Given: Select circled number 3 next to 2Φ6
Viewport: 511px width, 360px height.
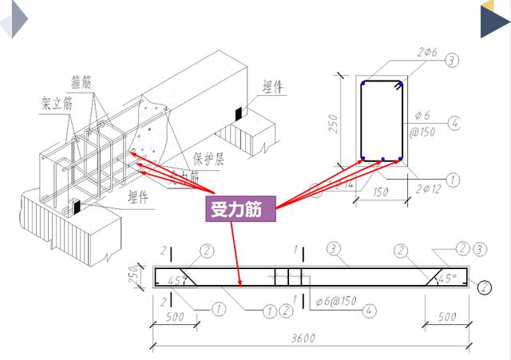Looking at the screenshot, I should pyautogui.click(x=452, y=61).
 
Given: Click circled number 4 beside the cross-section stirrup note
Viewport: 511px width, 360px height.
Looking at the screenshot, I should pyautogui.click(x=454, y=123).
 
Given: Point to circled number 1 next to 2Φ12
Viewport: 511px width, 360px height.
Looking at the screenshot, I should pyautogui.click(x=452, y=180).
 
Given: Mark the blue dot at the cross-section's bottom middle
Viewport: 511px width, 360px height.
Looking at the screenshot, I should pyautogui.click(x=383, y=159).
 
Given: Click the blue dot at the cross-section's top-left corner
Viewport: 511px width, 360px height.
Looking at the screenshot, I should pyautogui.click(x=363, y=82).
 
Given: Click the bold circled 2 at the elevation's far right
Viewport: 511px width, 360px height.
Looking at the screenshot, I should pyautogui.click(x=483, y=287).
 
